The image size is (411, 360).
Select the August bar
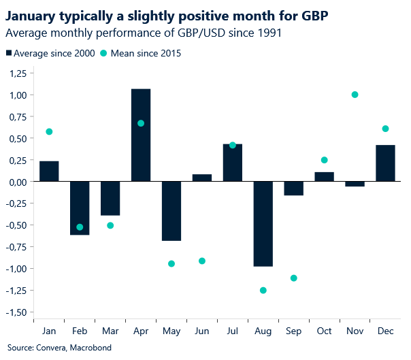pos(263,224)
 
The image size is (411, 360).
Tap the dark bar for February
pos(80,208)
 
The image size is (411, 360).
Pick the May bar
pos(171,211)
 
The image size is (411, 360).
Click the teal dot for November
pos(355,95)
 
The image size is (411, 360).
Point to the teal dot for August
pos(263,291)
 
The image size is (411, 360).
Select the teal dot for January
pos(49,131)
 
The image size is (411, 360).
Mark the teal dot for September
pos(294,278)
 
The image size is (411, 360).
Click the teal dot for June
pos(202,261)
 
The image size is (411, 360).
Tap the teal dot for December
pos(385,129)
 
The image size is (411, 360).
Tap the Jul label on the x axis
pos(232,331)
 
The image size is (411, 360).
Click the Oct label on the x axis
pos(324,331)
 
